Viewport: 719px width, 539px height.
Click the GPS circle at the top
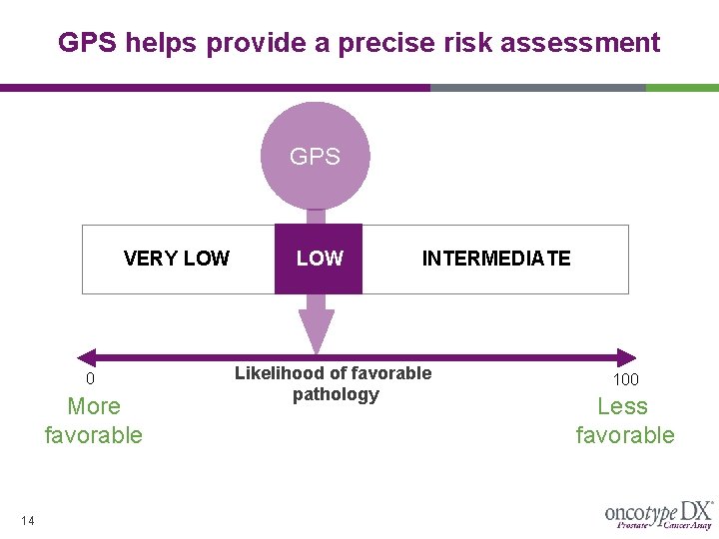[315, 156]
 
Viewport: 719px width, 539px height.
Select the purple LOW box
[319, 259]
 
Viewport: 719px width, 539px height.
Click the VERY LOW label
[177, 259]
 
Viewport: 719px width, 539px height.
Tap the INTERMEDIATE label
[496, 259]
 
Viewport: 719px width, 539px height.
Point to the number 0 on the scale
[90, 379]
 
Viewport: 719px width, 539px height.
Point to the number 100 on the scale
[625, 379]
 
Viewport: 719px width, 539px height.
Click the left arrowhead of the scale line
[86, 357]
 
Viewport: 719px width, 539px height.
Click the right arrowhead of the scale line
[627, 357]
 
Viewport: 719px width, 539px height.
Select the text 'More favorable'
[93, 420]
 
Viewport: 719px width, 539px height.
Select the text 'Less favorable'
[624, 420]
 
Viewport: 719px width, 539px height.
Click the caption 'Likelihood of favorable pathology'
[334, 383]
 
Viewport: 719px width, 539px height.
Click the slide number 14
[28, 519]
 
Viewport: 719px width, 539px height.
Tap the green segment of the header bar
[682, 88]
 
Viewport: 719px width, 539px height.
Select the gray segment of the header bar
[537, 88]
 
